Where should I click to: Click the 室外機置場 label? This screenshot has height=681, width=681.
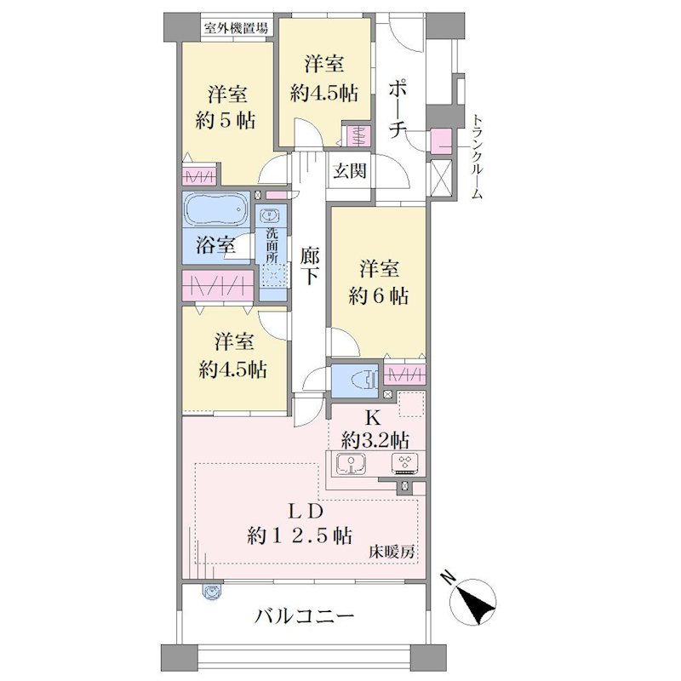coord(237,29)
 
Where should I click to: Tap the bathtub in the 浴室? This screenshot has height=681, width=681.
coord(216,209)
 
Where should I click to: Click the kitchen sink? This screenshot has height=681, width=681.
coord(351,464)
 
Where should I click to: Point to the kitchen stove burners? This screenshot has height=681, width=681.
coord(405,463)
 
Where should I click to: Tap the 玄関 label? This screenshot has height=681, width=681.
coord(350,171)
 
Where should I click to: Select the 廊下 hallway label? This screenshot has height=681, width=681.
coord(309,266)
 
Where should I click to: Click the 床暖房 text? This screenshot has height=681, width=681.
coord(392,552)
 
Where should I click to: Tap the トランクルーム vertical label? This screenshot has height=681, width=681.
coord(477,157)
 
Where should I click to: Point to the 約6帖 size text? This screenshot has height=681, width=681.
coord(378,297)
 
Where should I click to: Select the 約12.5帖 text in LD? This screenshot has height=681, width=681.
coord(300,535)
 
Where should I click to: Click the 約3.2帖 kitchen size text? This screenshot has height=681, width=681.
coord(375,441)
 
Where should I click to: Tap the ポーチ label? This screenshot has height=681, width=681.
coord(398,109)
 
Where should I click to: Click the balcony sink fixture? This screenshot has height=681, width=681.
coord(212,592)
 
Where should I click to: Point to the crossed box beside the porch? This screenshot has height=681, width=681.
coord(441,179)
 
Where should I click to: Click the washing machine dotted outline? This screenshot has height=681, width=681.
coord(274,274)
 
